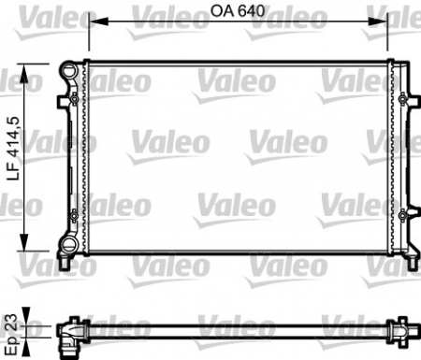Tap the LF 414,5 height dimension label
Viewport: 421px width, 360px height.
pos(13,155)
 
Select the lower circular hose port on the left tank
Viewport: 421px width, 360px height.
pos(67,245)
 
